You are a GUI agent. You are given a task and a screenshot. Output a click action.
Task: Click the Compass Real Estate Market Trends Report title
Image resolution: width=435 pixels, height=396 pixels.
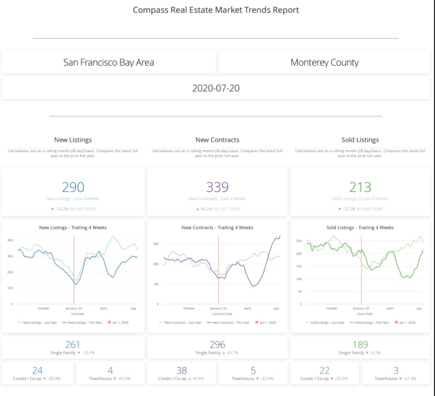point(216,10)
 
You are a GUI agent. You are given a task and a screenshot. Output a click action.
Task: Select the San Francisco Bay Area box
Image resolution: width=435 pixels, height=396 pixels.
point(109,62)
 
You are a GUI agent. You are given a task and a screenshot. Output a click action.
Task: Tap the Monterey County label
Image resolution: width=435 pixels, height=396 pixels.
point(324,62)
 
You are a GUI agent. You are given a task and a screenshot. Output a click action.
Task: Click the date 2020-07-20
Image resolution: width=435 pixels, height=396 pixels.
point(216,89)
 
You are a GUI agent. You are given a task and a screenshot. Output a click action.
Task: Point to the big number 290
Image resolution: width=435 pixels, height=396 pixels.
point(73,187)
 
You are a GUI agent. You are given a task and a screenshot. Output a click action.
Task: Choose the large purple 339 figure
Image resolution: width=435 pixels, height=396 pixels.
point(217,187)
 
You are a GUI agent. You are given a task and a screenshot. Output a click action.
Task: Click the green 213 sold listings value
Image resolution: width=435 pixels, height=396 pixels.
point(360,187)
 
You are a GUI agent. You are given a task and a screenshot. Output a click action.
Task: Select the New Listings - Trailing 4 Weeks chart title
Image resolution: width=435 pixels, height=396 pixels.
point(73,228)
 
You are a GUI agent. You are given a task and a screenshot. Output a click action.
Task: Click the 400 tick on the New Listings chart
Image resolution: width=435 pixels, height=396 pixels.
point(9,240)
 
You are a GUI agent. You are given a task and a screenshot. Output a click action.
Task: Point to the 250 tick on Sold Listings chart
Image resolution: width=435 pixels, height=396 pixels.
point(299,241)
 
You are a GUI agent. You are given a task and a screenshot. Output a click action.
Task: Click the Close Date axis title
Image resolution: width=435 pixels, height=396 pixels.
point(361,313)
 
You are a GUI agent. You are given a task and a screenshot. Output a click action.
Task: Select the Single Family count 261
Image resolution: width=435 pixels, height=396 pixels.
point(73,345)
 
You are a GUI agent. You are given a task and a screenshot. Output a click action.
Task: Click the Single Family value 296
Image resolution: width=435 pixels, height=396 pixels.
point(217,345)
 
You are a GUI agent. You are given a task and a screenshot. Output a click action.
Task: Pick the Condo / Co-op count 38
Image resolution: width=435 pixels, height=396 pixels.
point(182,371)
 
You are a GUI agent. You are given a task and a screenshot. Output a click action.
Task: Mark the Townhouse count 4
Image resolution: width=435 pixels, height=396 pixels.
point(110,371)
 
